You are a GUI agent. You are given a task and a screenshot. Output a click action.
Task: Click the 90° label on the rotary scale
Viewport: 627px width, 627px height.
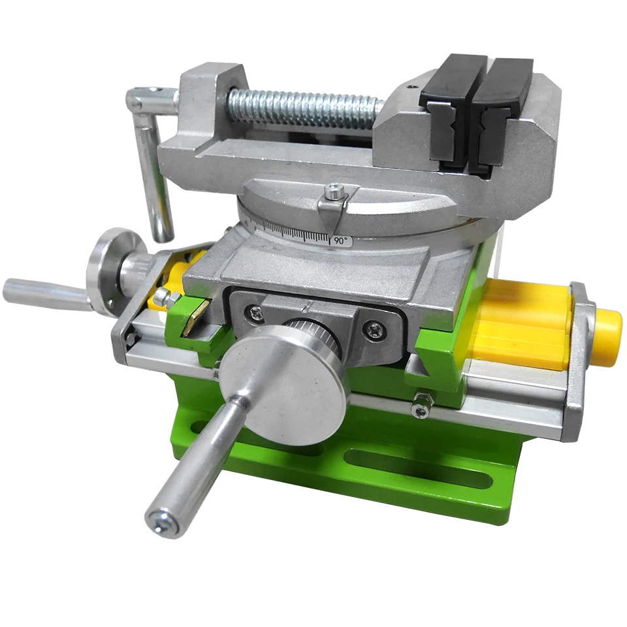click(341, 241)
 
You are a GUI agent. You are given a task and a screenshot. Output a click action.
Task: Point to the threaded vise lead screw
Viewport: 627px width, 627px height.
click(304, 107)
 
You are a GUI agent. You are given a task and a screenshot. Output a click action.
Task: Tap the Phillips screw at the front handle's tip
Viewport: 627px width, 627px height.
click(162, 522)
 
